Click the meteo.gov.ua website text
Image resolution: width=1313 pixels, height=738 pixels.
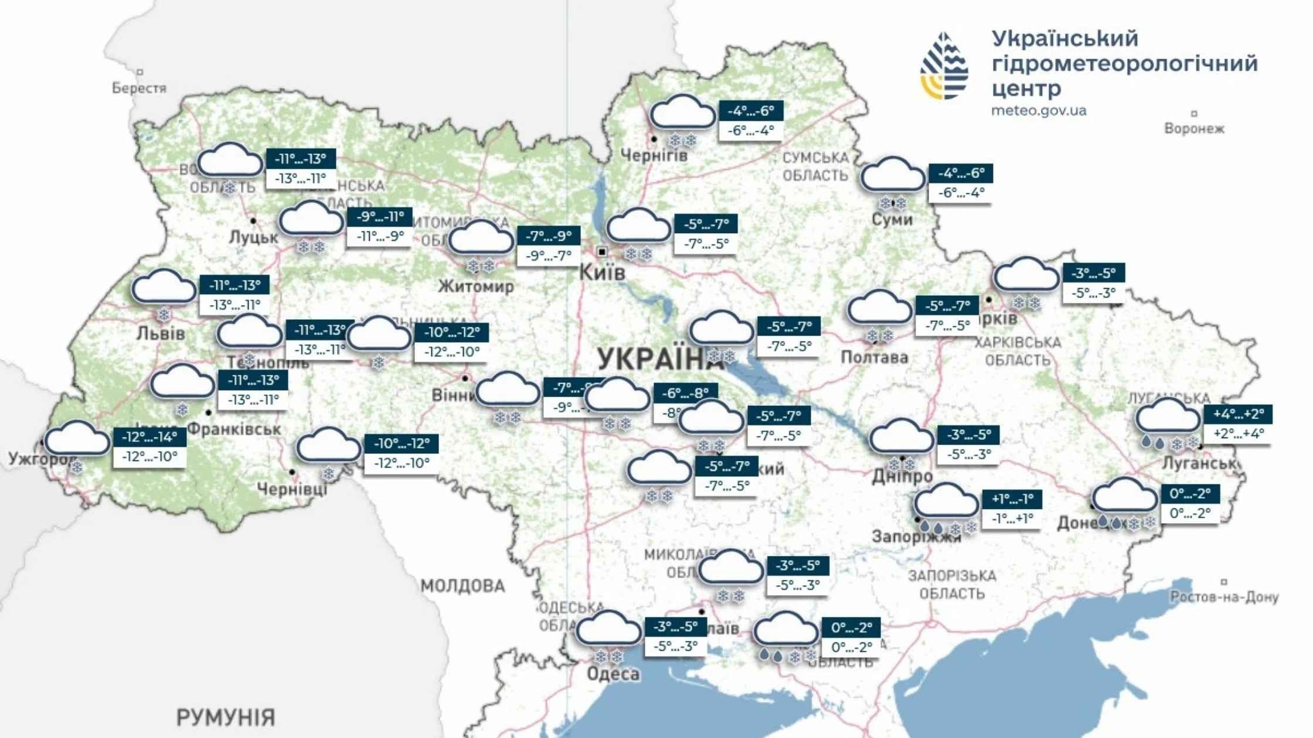(x=1038, y=111)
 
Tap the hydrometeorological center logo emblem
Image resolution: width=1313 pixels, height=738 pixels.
(x=944, y=66)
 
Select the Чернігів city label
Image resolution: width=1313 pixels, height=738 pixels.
(x=654, y=156)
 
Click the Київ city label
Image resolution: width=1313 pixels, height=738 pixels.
(x=602, y=272)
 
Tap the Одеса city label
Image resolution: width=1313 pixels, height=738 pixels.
(x=613, y=674)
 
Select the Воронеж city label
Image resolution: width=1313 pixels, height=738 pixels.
(x=1194, y=129)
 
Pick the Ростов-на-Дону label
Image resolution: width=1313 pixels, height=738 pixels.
(x=1224, y=597)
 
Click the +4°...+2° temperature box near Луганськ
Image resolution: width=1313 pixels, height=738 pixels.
(x=1238, y=414)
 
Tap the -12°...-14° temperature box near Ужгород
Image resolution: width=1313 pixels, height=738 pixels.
(x=149, y=436)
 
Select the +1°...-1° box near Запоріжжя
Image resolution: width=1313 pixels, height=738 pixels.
(x=1012, y=499)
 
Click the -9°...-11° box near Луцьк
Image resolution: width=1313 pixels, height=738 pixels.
(x=380, y=217)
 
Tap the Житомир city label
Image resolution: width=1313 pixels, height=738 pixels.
(x=476, y=286)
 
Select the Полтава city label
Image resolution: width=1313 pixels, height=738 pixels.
(x=874, y=357)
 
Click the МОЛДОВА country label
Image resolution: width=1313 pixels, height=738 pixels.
(x=462, y=586)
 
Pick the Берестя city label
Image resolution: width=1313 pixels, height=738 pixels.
(x=139, y=88)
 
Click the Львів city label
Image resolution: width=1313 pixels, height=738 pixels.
(x=161, y=334)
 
